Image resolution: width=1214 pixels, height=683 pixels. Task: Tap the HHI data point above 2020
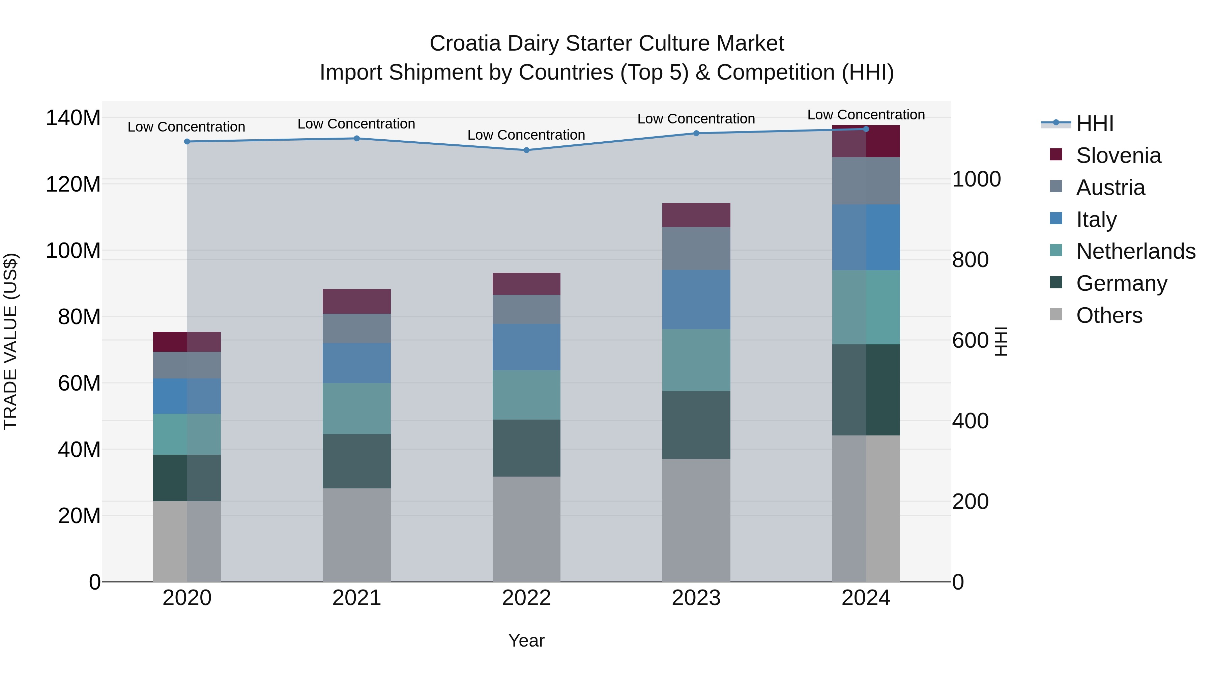pyautogui.click(x=187, y=141)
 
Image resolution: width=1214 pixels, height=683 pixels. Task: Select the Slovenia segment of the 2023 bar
pyautogui.click(x=696, y=215)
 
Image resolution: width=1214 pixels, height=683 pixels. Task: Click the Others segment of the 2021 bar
pyautogui.click(x=357, y=535)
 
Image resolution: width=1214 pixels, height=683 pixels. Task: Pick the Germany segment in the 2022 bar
pyautogui.click(x=526, y=448)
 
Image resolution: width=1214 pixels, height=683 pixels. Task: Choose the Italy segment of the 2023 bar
pyautogui.click(x=696, y=299)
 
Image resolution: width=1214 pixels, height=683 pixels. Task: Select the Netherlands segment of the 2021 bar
pyautogui.click(x=357, y=408)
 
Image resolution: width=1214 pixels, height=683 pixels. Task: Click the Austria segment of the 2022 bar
pyautogui.click(x=526, y=309)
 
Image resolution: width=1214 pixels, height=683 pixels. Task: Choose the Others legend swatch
pyautogui.click(x=1056, y=314)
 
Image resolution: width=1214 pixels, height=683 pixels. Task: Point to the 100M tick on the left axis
pyautogui.click(x=73, y=251)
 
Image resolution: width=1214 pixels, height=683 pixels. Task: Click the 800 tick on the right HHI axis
pyautogui.click(x=970, y=260)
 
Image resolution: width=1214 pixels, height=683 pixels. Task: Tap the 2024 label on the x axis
pyautogui.click(x=866, y=598)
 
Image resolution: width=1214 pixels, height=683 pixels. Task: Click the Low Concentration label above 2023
pyautogui.click(x=696, y=119)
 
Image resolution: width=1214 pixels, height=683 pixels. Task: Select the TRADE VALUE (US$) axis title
pyautogui.click(x=10, y=341)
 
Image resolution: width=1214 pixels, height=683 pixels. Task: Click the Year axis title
pyautogui.click(x=526, y=641)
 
